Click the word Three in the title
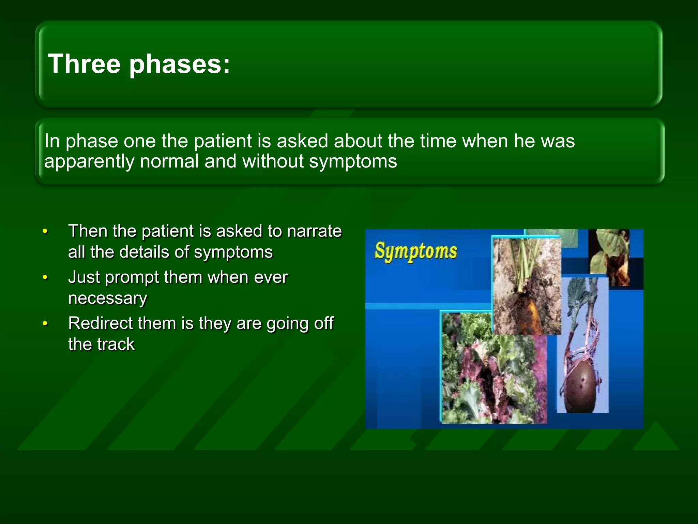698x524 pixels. coord(84,64)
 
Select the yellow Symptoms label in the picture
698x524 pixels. coord(415,251)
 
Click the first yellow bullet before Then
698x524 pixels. coord(45,232)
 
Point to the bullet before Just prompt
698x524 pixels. coord(45,278)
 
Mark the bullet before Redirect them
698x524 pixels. coord(45,324)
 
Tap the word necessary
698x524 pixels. coord(107,298)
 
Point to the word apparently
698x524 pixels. coord(89,161)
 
